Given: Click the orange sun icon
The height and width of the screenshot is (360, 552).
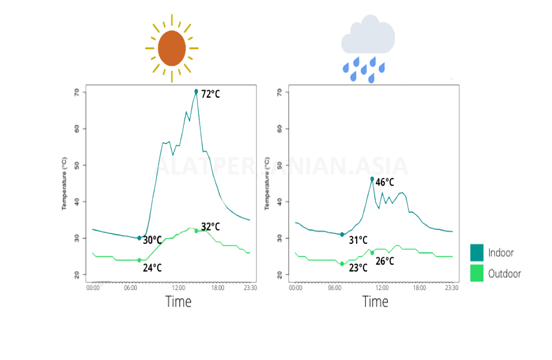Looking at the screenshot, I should coord(172,48).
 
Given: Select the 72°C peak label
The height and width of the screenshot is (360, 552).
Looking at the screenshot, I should coord(210,94).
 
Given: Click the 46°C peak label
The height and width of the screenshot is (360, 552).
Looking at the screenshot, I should coord(384,183).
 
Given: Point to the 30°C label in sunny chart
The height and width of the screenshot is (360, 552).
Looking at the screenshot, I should coord(152,240).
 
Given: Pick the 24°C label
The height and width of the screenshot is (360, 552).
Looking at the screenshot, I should coord(152,268).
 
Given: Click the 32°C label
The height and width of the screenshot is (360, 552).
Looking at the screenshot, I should coord(210,227).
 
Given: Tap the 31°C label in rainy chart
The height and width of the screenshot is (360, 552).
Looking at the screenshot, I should coord(358,240).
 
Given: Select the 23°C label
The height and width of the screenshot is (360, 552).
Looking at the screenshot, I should coord(358,268).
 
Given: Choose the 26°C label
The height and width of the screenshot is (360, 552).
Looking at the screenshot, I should coord(384,261).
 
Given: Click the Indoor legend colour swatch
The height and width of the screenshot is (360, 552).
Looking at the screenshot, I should coord(477,253).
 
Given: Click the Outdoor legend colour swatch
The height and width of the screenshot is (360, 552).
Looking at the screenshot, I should coord(477,273).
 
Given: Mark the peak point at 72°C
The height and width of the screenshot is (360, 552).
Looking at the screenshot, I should coord(197,91).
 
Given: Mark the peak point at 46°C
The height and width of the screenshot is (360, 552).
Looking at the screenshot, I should coord(372,179).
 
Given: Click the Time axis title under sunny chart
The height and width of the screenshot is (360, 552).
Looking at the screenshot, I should coord(178,301).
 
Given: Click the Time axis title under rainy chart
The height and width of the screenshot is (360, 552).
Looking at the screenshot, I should coord(375,301).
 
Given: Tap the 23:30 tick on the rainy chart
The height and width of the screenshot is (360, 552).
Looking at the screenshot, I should coord(451,287).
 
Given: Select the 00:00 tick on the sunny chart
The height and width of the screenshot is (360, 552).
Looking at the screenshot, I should coord(92,287).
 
